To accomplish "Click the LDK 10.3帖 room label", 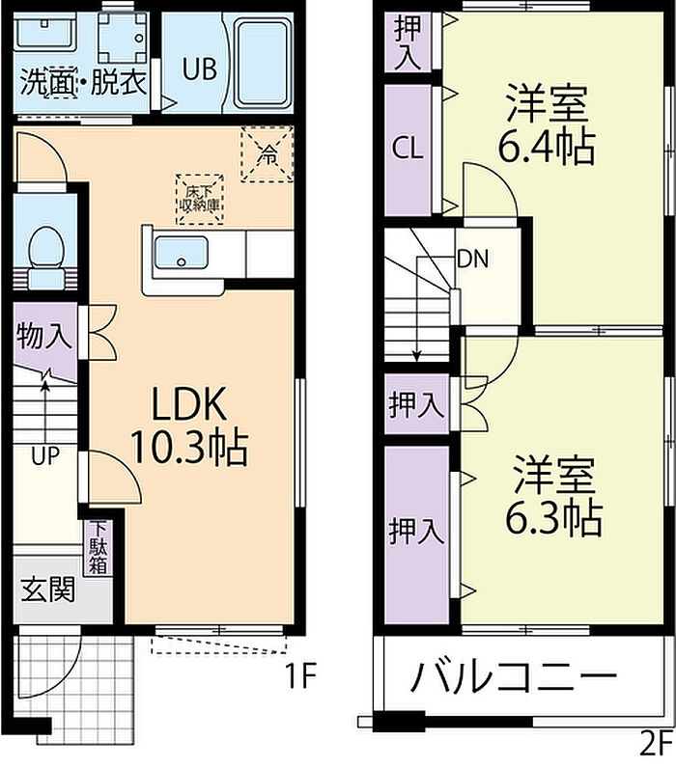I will point(187,425).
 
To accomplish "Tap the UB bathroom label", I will point(200,69).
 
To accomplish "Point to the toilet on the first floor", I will point(42,249).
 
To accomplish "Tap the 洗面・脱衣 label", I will point(83,83).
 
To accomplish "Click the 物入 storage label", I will point(43,338).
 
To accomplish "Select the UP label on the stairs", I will point(44,455).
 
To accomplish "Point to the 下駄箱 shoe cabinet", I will point(99,549).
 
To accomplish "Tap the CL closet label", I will point(408,150).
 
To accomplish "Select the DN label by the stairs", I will point(472,259).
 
